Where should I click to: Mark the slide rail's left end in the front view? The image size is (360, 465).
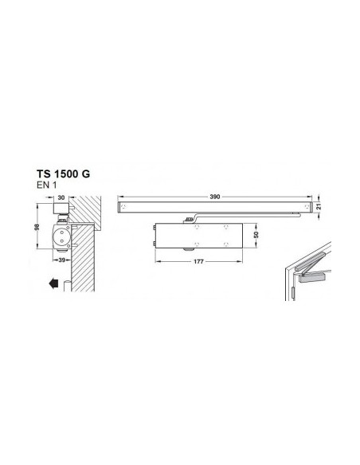(x=122, y=207)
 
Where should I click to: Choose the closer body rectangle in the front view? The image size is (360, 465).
(x=195, y=236)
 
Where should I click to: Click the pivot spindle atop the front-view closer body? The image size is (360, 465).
(x=188, y=218)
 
